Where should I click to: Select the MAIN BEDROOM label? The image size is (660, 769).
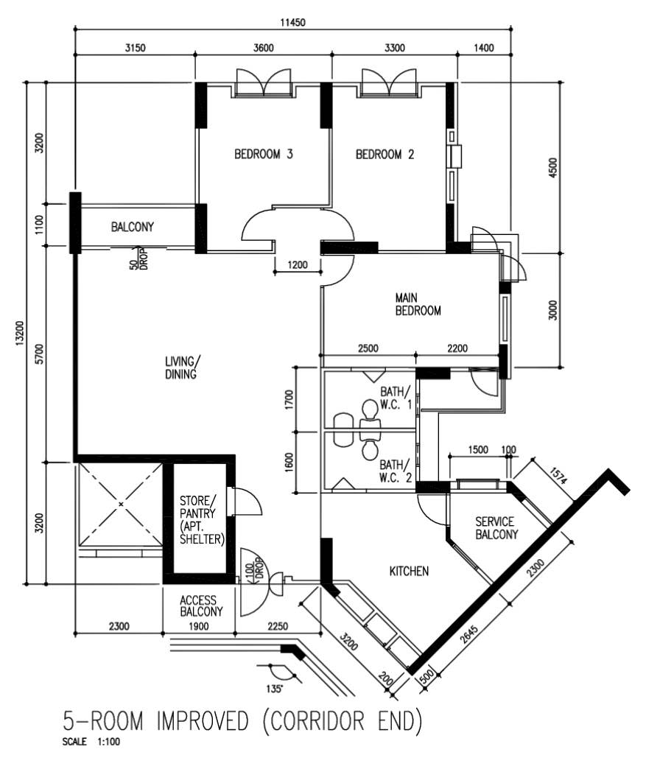[x=418, y=304]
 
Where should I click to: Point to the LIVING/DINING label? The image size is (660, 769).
[x=180, y=368]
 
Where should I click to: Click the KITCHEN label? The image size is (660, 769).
[x=409, y=571]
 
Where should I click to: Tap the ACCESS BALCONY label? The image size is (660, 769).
[x=198, y=606]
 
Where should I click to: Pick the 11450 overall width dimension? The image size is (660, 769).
[x=292, y=22]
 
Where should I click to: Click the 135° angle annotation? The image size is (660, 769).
[x=274, y=689]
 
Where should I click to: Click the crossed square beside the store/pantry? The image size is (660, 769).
[x=121, y=505]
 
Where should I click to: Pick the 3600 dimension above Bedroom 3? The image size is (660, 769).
[x=263, y=49]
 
